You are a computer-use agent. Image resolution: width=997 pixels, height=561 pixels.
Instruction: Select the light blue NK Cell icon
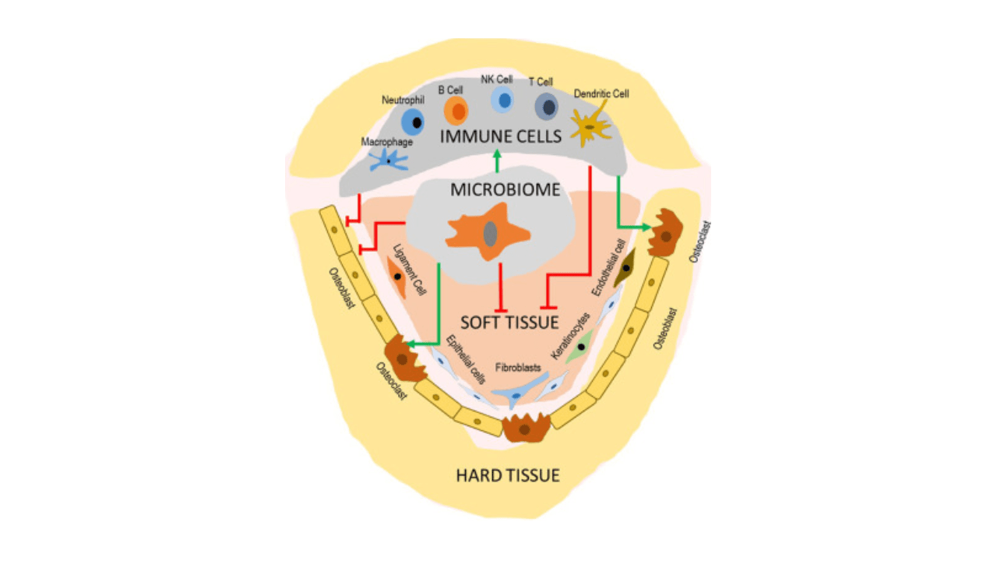[x=504, y=100]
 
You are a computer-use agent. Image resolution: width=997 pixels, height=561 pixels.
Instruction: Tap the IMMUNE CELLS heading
[x=501, y=137]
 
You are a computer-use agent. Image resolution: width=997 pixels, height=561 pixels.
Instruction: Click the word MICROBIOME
[x=506, y=189]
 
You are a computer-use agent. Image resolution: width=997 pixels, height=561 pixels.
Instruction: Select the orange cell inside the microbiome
[x=488, y=232]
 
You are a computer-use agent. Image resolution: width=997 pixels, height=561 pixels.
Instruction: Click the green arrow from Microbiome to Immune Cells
[x=497, y=161]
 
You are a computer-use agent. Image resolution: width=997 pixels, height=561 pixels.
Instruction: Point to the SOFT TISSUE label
[x=509, y=322]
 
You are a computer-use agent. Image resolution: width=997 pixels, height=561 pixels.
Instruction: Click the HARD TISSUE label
[x=507, y=475]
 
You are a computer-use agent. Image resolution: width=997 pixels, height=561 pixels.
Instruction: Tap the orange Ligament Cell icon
[x=397, y=277]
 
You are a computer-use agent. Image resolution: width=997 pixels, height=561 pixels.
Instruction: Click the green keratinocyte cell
[x=580, y=346]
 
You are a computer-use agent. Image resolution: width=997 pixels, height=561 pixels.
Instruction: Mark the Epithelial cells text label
[x=467, y=360]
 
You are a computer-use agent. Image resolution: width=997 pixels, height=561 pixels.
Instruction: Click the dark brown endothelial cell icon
[x=625, y=268]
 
